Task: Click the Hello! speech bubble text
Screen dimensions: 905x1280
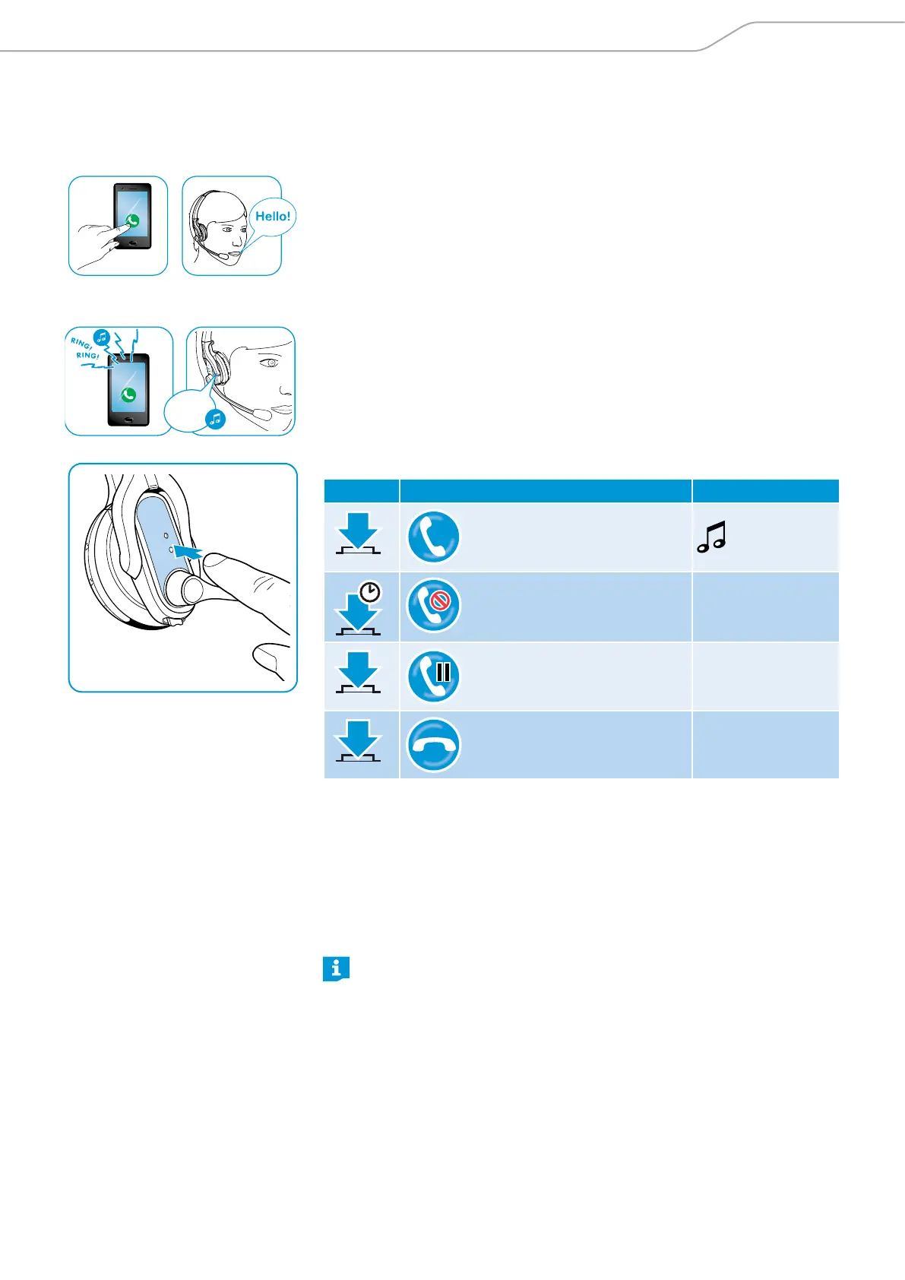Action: (273, 217)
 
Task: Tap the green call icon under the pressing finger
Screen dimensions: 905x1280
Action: (132, 221)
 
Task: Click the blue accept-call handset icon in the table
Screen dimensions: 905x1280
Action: (433, 537)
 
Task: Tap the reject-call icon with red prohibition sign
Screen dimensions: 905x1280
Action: (433, 606)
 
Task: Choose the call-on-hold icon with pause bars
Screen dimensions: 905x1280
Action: (433, 676)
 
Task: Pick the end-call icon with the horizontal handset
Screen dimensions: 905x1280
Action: (433, 745)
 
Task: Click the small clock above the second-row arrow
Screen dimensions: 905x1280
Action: (370, 592)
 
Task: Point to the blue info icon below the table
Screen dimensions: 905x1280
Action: (336, 968)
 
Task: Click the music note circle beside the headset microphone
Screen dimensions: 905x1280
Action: (216, 419)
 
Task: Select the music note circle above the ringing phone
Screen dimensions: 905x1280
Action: (101, 337)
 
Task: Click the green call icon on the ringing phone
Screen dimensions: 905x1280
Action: (128, 394)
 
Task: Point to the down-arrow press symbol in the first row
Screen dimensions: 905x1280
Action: (358, 534)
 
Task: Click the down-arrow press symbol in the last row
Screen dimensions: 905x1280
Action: (358, 742)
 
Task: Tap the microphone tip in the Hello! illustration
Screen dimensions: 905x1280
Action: (223, 257)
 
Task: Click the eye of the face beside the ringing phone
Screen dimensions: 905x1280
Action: (271, 363)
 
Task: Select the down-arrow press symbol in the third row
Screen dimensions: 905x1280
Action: (358, 673)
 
